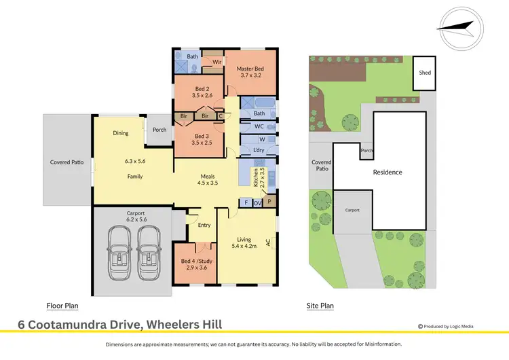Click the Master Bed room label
pyautogui.click(x=250, y=69)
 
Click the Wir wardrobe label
pyautogui.click(x=217, y=62)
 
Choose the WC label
pyautogui.click(x=259, y=126)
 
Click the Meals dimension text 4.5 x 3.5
pyautogui.click(x=208, y=183)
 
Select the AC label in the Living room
pyautogui.click(x=268, y=241)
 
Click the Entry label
pyautogui.click(x=204, y=224)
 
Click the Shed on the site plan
pyautogui.click(x=425, y=73)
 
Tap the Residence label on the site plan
pyautogui.click(x=388, y=173)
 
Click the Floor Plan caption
pyautogui.click(x=64, y=306)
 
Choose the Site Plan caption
pyautogui.click(x=320, y=306)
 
